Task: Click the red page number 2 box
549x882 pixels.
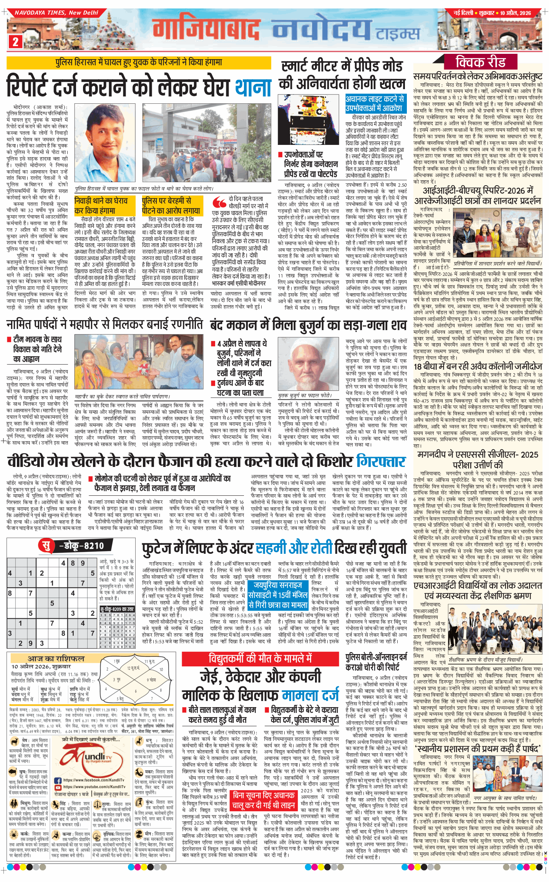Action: [15, 42]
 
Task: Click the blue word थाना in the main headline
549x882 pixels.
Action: [253, 87]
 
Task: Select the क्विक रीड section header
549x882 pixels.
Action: [480, 62]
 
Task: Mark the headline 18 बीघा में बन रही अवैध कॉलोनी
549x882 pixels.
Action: [478, 367]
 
